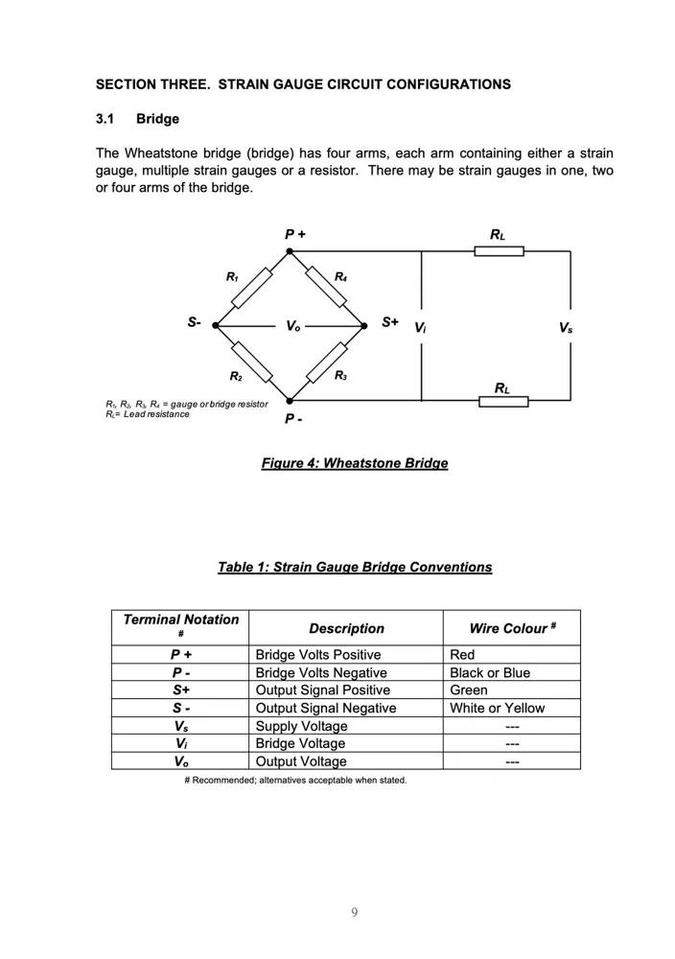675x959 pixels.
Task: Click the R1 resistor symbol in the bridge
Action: coord(252,289)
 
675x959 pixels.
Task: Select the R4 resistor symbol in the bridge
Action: coord(327,289)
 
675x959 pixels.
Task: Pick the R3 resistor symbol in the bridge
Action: coord(326,363)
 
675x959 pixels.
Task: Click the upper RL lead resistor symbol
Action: coord(499,251)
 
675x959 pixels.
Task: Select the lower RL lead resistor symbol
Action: coord(503,400)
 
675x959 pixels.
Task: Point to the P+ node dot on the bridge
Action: coord(290,251)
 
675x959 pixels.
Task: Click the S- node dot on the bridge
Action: coord(216,326)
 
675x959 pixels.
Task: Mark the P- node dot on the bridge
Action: coord(290,400)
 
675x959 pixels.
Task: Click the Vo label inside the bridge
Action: coord(292,327)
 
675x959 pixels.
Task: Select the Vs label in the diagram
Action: coord(566,328)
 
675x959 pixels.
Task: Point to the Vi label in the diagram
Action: coord(420,328)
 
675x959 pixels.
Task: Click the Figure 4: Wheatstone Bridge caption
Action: coord(354,464)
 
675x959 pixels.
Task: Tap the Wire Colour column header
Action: coord(512,629)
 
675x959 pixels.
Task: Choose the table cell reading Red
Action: coord(462,655)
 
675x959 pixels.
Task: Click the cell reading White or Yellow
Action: coord(497,709)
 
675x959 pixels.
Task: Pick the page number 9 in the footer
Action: coord(355,912)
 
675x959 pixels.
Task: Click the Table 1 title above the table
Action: coord(355,568)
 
